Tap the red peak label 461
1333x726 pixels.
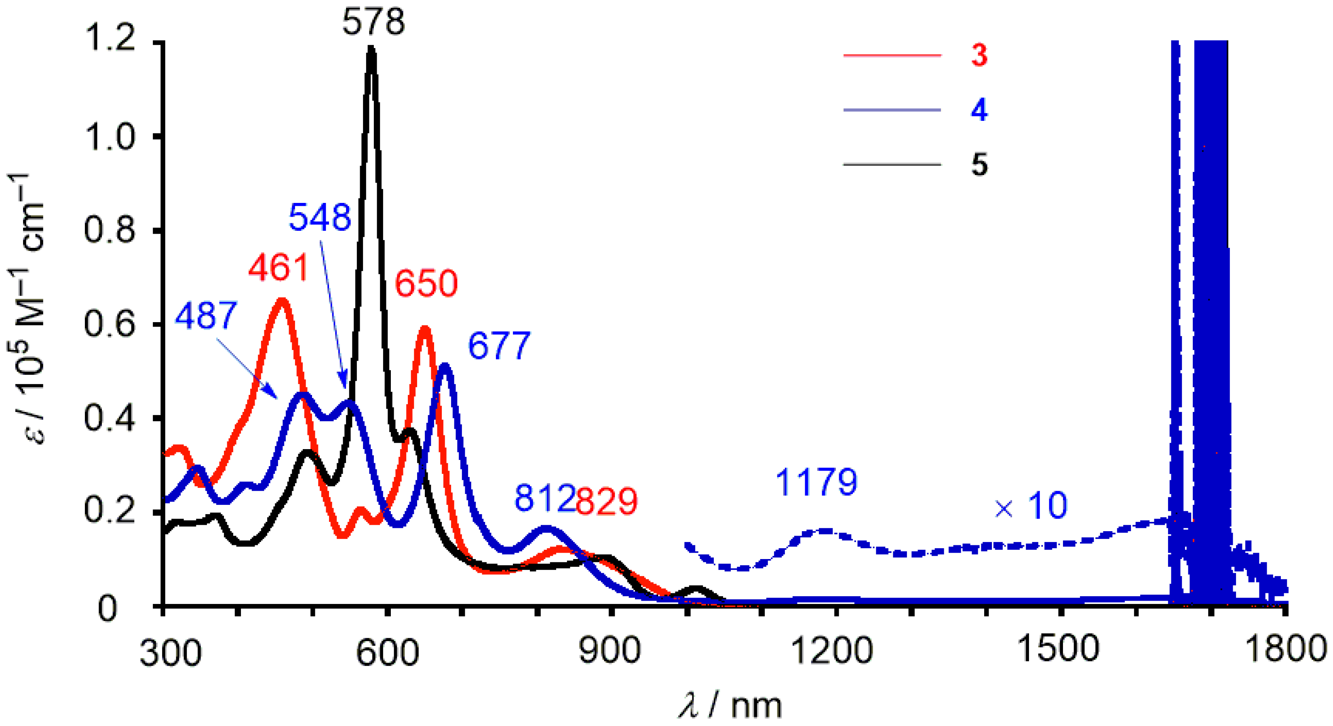tap(278, 268)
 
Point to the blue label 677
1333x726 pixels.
tap(499, 346)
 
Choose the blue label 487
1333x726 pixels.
tap(206, 316)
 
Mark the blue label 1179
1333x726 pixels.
tap(816, 482)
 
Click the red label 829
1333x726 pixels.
tap(606, 500)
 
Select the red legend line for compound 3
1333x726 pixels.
tap(892, 55)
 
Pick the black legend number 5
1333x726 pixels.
tap(979, 165)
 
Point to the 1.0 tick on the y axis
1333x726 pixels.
tap(109, 137)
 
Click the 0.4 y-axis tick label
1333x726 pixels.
tap(109, 419)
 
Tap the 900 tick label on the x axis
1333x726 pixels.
tap(610, 650)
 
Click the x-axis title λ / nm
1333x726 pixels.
tap(730, 705)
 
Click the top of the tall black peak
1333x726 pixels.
tap(371, 50)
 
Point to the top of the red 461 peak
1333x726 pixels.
tap(282, 300)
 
